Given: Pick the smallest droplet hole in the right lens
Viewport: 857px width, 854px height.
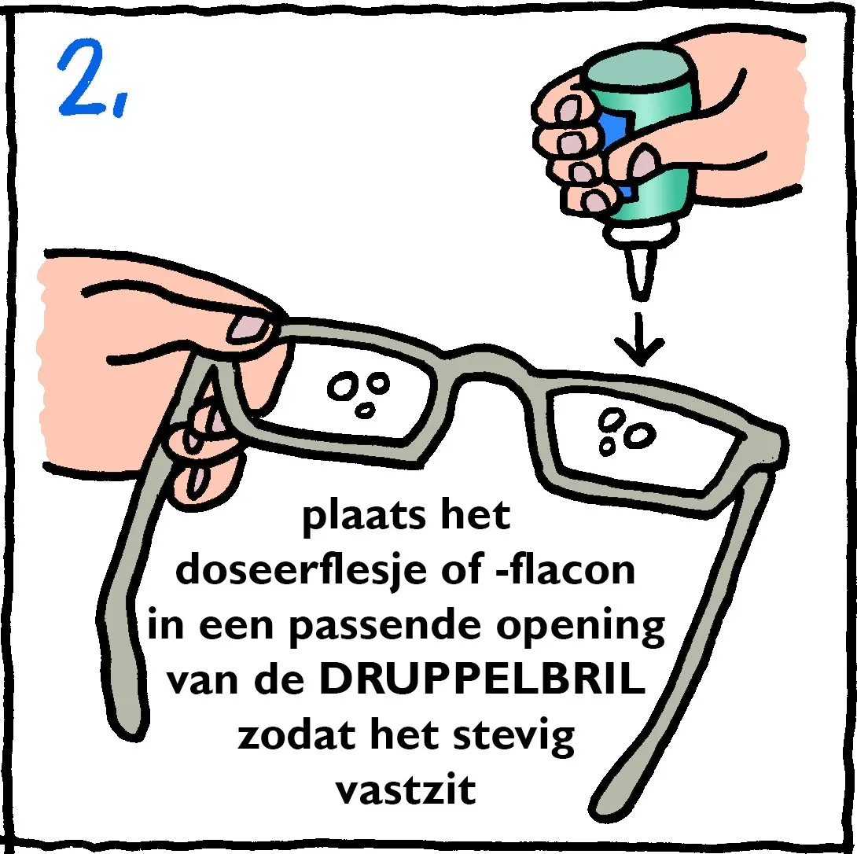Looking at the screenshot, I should point(607,446).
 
